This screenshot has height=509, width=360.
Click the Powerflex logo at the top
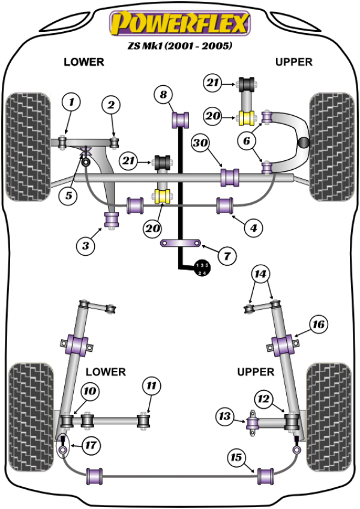178,23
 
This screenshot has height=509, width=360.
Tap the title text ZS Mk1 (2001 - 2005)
178,46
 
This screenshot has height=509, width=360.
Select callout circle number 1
71,103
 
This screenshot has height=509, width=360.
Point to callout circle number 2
110,106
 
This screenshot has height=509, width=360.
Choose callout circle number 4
254,227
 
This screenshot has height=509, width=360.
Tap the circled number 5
68,194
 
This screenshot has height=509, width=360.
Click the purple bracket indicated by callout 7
178,244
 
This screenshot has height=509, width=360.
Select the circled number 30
201,143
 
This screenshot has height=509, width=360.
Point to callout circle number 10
90,392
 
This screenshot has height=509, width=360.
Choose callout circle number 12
264,397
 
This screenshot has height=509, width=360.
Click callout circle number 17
90,445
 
